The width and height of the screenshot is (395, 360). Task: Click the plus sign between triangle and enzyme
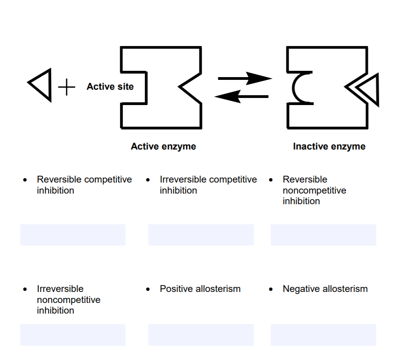click(67, 87)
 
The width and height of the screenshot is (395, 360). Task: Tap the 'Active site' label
click(110, 87)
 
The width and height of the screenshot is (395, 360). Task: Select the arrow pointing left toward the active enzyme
click(242, 96)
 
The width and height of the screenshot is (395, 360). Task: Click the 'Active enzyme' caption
click(163, 147)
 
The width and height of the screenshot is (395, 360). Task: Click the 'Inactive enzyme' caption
click(329, 147)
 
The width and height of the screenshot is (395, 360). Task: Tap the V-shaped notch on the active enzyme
click(189, 87)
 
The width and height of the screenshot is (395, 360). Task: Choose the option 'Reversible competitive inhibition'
click(84, 185)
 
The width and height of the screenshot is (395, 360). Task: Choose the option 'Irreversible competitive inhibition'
click(208, 185)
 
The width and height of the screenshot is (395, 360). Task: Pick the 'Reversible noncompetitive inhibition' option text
click(314, 190)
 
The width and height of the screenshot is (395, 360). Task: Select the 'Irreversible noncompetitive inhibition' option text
click(68, 300)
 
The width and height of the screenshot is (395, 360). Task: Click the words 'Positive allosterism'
click(200, 289)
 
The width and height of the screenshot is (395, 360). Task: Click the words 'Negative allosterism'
click(325, 289)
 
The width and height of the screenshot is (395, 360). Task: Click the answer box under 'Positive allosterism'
click(201, 335)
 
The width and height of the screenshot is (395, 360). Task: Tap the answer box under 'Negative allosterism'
click(323, 335)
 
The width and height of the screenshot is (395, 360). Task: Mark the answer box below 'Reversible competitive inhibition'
click(73, 235)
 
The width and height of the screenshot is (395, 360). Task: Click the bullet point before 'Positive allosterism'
click(148, 289)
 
